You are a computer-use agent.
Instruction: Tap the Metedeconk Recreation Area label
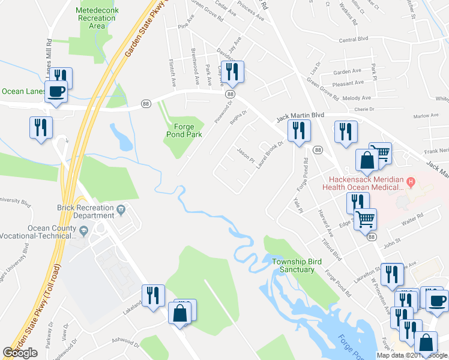click(92, 19)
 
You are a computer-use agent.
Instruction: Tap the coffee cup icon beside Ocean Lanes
click(57, 92)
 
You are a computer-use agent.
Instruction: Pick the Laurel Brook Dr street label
click(269, 155)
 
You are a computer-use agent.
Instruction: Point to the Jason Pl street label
click(244, 158)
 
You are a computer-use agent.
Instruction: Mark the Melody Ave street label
click(356, 97)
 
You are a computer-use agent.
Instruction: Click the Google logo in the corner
click(20, 353)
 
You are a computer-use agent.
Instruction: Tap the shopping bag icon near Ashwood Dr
click(181, 313)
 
